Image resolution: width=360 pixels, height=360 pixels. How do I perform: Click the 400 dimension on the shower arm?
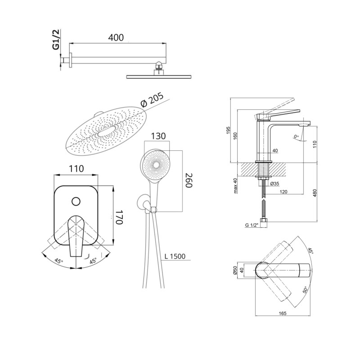116,37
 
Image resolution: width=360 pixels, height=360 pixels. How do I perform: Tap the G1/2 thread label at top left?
56,40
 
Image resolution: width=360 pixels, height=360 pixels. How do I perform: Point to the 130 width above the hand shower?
158,136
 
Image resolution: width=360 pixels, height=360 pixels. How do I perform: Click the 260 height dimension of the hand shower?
188,180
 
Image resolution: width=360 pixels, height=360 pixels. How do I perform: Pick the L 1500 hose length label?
175,256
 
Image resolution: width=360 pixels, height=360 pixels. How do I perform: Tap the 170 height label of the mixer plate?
119,217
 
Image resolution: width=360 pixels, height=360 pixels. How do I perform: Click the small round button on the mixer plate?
76,201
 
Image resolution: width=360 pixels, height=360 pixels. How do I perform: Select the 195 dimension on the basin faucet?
228,130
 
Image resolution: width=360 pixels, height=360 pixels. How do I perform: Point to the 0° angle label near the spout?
296,137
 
